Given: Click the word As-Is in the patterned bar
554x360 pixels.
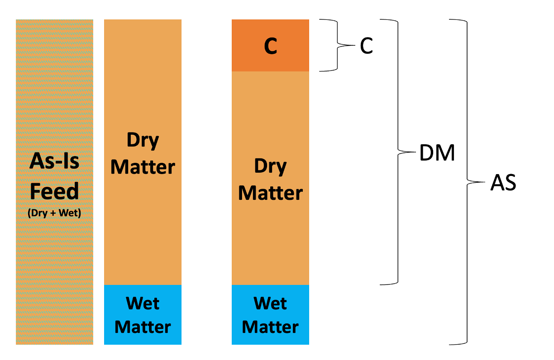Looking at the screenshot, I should click(x=54, y=161).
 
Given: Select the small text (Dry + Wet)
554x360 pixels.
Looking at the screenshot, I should click(x=54, y=212).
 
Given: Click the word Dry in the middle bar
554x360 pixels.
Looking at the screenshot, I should click(x=143, y=141).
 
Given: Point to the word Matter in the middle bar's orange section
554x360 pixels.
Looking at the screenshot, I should click(x=143, y=167).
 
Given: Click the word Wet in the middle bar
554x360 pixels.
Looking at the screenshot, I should click(x=143, y=303).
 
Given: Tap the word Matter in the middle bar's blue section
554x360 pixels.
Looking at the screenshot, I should click(x=143, y=327).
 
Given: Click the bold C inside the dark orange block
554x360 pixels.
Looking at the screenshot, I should click(x=271, y=46).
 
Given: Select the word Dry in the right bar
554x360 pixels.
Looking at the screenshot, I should click(x=271, y=167).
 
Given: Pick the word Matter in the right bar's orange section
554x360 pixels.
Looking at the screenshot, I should click(x=271, y=193).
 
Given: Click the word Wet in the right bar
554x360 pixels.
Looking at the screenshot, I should click(x=271, y=303).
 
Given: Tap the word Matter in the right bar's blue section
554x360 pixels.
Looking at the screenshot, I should click(x=271, y=327).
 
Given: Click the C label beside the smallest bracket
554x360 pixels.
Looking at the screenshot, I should click(x=366, y=46).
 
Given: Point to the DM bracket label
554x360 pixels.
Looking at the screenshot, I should click(x=437, y=154).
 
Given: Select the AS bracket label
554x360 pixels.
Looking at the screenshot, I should click(x=503, y=183).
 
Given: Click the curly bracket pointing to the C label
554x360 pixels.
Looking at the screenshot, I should click(x=338, y=46).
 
